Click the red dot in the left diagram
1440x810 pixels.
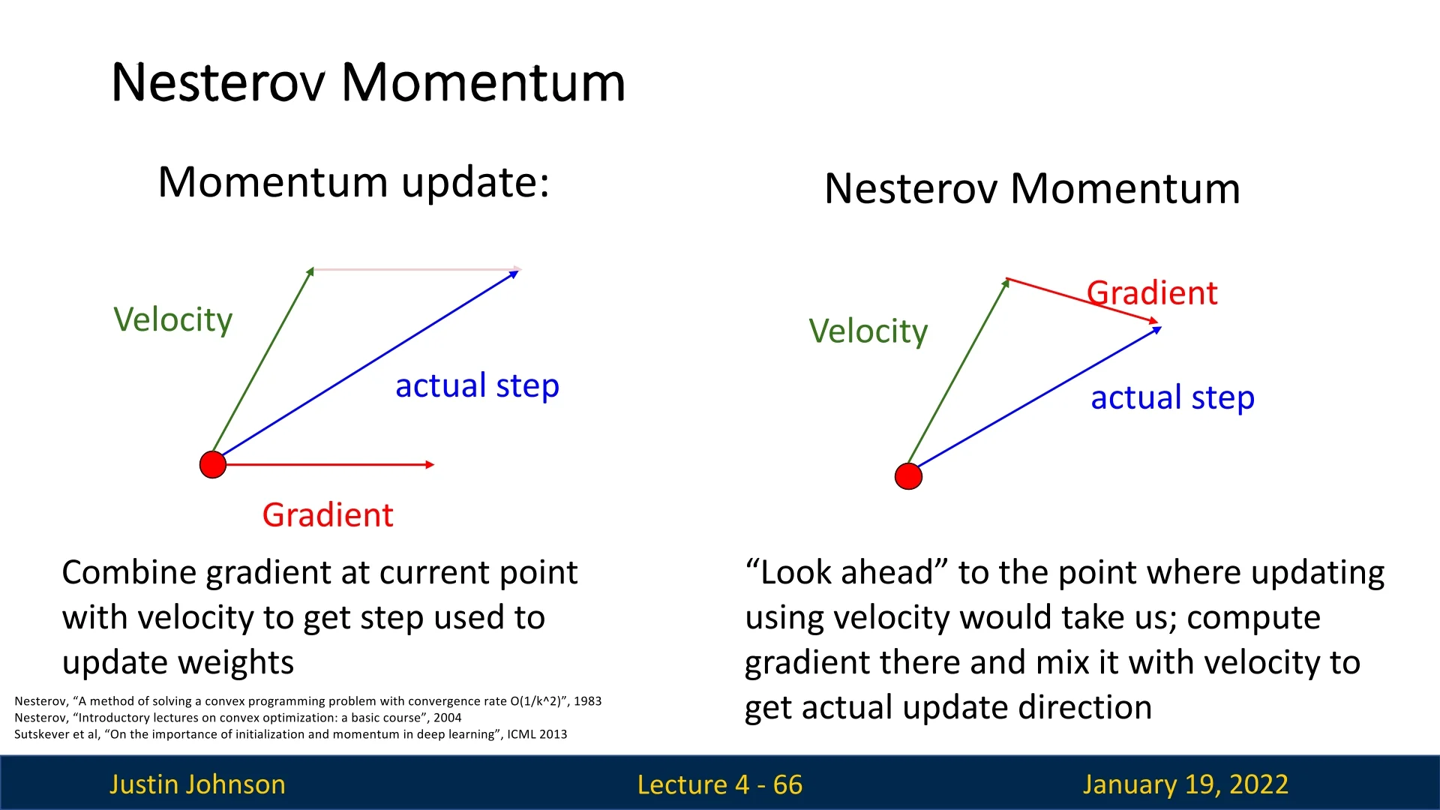(213, 464)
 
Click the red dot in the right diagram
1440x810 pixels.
(908, 476)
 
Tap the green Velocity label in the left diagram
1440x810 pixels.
(173, 320)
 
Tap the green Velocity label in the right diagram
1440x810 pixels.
(868, 331)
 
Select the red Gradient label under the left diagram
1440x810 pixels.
(328, 515)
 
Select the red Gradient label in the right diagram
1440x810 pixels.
(1152, 293)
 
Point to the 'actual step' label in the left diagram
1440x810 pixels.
(477, 386)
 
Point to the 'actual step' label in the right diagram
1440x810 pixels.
(1172, 398)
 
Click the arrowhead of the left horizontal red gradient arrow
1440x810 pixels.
(430, 465)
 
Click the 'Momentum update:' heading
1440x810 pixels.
(354, 182)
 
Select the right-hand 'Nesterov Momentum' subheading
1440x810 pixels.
(1032, 188)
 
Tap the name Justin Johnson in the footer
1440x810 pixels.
(197, 784)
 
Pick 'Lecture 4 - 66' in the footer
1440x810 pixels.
(720, 784)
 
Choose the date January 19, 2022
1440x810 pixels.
(1185, 784)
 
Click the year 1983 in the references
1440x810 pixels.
(587, 701)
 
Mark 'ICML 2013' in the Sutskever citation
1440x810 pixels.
(537, 734)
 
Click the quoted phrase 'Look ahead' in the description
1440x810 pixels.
(847, 573)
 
